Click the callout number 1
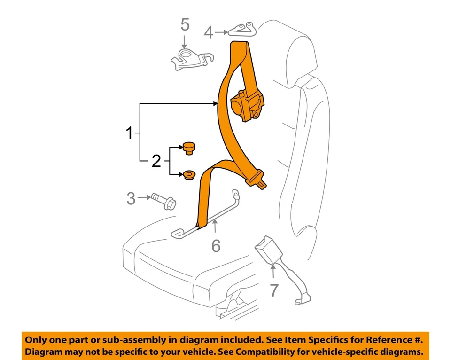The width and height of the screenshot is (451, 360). [129, 133]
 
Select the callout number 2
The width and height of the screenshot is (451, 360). [156, 162]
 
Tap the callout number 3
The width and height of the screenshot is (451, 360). [131, 198]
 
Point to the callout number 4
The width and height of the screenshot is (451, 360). [209, 32]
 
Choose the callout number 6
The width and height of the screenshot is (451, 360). [216, 245]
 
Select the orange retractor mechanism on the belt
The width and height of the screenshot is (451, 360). [248, 106]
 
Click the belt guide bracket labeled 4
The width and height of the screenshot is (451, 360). [242, 29]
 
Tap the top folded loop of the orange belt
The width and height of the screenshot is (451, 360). [241, 47]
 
